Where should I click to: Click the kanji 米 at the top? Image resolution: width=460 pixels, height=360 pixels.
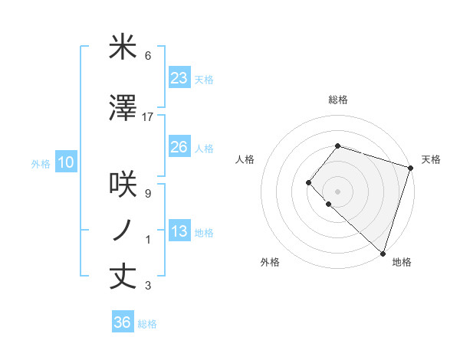click(x=123, y=48)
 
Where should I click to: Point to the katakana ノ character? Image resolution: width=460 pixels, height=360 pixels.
click(x=123, y=230)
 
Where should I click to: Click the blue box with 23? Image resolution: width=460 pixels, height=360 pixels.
click(x=179, y=78)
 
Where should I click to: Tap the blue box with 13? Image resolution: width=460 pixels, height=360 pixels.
click(x=179, y=231)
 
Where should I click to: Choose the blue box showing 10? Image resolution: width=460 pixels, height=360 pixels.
click(x=65, y=162)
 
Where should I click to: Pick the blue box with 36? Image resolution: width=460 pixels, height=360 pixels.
click(x=123, y=322)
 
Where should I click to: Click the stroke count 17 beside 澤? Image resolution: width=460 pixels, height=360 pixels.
click(x=148, y=117)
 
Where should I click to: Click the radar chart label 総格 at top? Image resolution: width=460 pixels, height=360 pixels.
click(x=337, y=100)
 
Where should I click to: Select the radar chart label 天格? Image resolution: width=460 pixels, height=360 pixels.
click(x=431, y=159)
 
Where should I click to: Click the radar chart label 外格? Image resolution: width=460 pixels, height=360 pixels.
click(x=270, y=262)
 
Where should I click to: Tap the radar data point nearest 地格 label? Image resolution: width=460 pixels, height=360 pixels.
click(x=383, y=253)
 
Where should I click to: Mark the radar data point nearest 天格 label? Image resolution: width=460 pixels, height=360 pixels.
click(x=410, y=168)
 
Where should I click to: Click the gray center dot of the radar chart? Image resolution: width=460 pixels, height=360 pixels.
click(x=337, y=191)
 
